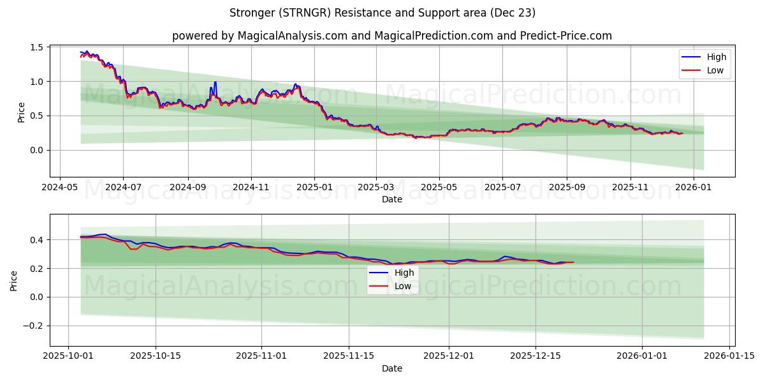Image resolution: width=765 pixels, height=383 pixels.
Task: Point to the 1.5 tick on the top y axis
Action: click(x=36, y=47)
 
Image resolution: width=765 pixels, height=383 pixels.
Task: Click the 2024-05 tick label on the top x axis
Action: click(x=60, y=188)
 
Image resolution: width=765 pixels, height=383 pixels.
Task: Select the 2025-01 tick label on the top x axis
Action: click(x=314, y=188)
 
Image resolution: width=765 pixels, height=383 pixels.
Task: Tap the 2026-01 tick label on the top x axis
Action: click(x=692, y=188)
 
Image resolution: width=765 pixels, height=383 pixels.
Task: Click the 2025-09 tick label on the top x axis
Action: click(x=567, y=188)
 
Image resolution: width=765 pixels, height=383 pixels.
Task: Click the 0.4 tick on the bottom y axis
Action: click(x=36, y=240)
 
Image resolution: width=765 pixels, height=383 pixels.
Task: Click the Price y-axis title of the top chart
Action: click(x=21, y=112)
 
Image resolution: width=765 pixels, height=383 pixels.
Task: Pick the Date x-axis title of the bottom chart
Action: click(x=392, y=368)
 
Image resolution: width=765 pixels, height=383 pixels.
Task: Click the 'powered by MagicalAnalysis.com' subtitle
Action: click(x=391, y=36)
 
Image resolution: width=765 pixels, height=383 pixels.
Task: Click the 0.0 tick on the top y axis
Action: click(x=36, y=150)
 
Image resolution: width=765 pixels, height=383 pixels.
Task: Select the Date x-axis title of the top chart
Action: click(x=392, y=199)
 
